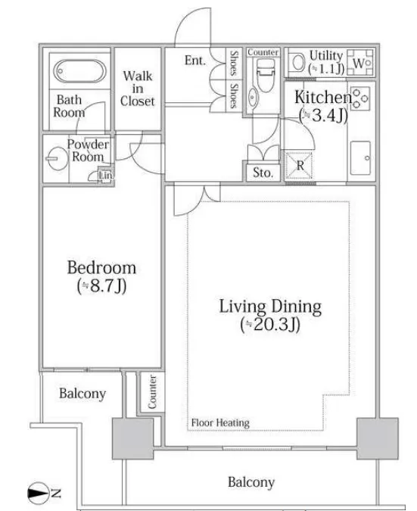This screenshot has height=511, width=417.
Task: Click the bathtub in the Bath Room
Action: pos(79,71)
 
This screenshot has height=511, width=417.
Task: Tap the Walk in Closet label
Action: pos(138,89)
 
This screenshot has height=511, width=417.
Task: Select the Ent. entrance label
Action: pos(194,61)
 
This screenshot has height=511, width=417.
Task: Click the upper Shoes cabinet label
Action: pos(234,63)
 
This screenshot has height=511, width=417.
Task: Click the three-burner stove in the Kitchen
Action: pos(360,98)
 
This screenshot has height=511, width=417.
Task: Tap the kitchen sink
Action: pos(360,157)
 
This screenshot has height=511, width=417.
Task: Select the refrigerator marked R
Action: pos(299,166)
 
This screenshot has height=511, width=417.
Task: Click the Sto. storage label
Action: pos(263,173)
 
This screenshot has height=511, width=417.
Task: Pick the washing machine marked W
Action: pos(360,63)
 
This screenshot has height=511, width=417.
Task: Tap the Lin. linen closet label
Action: pos(105,176)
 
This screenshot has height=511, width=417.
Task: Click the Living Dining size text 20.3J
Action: pos(270,324)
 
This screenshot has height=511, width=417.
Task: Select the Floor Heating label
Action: pos(220,423)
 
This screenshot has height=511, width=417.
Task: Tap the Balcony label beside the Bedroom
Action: pos(82,394)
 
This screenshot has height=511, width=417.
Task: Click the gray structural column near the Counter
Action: pos(132,438)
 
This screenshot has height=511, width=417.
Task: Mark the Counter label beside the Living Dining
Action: pos(152,392)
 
